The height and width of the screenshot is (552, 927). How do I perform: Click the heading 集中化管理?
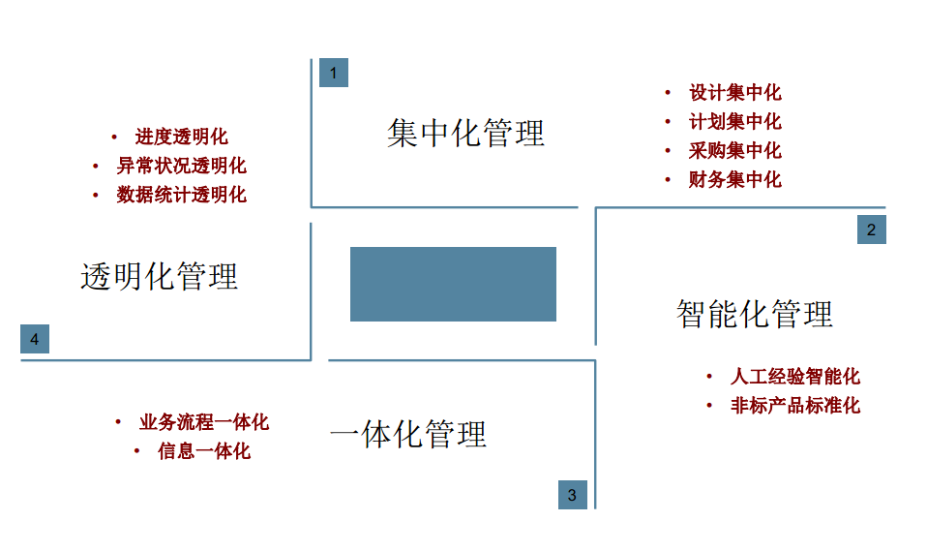pos(465,133)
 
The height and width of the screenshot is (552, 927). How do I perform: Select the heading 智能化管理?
pos(754,314)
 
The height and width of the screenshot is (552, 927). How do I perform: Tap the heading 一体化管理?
pos(407,434)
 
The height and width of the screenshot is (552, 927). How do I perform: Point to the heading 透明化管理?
pos(159,277)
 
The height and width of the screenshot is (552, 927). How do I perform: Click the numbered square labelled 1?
pos(333,73)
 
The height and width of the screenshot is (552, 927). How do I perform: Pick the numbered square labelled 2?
pos(871,230)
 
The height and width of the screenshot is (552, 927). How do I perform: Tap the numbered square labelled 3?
pos(572,495)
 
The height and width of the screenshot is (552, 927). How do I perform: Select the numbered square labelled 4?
pos(35,339)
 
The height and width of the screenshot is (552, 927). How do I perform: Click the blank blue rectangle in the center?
pos(453,284)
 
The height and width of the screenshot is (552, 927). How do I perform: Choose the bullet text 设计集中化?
pos(734,93)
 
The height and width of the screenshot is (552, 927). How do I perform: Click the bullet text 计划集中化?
pos(734,122)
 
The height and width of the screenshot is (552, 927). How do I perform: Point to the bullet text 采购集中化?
pos(734,151)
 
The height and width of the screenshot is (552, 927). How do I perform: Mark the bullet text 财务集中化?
pos(734,180)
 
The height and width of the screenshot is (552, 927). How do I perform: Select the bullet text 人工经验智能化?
pos(794,377)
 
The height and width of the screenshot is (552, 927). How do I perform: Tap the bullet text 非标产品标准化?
pos(794,406)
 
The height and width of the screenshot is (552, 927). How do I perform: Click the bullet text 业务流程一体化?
pos(203,422)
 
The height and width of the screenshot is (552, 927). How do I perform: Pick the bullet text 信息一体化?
pos(203,451)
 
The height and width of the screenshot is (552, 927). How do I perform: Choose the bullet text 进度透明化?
pos(181,138)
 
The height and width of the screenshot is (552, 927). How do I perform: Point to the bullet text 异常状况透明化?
pos(181,166)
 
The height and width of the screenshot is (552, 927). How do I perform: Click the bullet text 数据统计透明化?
pos(181,195)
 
